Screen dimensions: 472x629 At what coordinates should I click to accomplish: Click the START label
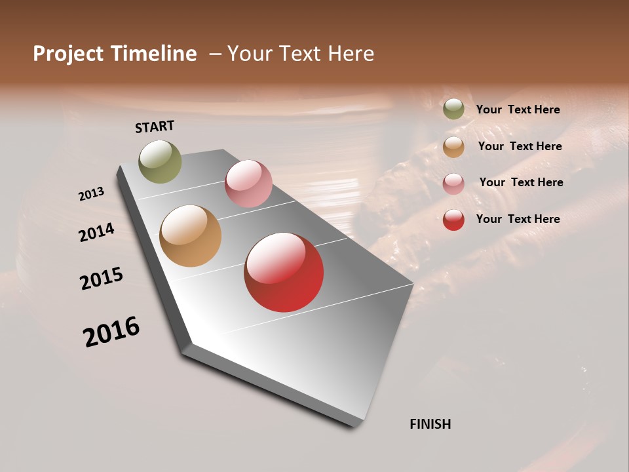155,127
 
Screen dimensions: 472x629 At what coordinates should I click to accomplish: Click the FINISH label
430,424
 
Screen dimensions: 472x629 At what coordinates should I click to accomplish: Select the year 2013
92,194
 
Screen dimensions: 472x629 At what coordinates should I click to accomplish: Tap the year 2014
97,232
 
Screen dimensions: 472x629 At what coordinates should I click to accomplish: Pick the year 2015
102,279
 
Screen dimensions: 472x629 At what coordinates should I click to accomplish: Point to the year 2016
111,332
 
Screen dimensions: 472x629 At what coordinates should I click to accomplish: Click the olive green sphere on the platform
161,161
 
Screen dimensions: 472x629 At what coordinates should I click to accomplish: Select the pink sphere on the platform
248,184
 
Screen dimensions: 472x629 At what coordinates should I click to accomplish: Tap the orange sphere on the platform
190,236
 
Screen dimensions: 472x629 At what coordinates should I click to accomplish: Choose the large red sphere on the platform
284,272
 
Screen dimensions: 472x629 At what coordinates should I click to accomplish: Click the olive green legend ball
453,109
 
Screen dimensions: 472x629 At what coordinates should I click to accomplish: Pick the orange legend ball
453,147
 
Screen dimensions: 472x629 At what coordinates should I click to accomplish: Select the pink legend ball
453,183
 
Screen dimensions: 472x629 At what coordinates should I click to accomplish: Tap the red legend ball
453,220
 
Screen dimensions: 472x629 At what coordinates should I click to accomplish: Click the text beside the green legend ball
518,110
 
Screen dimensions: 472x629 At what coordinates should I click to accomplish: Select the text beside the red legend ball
518,219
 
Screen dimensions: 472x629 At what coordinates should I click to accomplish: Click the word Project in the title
69,54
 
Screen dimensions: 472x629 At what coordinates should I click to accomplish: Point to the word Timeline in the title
154,54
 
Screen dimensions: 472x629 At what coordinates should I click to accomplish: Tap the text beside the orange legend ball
520,146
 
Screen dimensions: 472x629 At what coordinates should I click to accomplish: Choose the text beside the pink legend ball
521,182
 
